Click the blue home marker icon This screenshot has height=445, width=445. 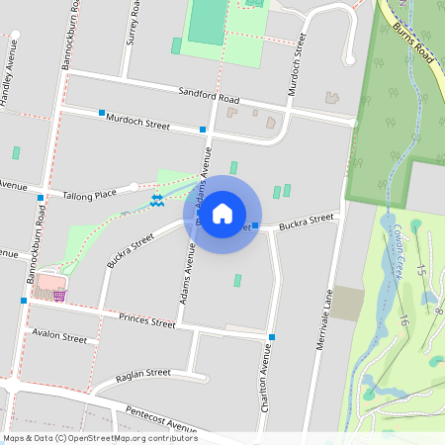pyautogui.click(x=222, y=213)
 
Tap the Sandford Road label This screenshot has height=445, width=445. pyautogui.click(x=209, y=99)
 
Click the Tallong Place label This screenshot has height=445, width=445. pyautogui.click(x=90, y=194)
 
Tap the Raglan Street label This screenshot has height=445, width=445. pyautogui.click(x=143, y=374)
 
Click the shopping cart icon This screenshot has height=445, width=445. pyautogui.click(x=59, y=294)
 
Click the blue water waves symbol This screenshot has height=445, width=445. pyautogui.click(x=155, y=202)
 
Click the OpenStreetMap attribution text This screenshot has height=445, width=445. pyautogui.click(x=100, y=438)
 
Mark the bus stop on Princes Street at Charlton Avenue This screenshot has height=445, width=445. pyautogui.click(x=272, y=338)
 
